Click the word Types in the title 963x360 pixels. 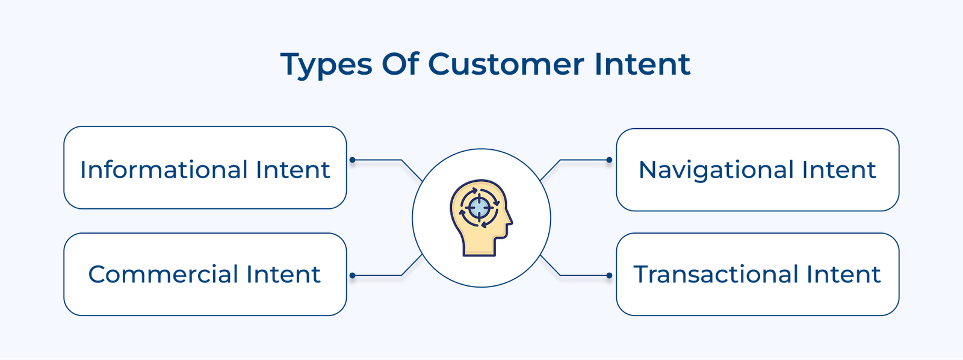click(x=326, y=64)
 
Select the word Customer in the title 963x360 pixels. click(x=506, y=64)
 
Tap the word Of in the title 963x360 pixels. click(x=400, y=64)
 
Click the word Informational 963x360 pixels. click(x=163, y=170)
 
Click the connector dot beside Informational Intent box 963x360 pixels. click(x=353, y=160)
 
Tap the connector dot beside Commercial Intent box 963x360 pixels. click(x=353, y=276)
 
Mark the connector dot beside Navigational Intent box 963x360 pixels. click(x=609, y=160)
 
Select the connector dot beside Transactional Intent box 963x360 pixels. click(x=609, y=276)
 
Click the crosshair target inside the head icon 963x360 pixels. click(x=479, y=208)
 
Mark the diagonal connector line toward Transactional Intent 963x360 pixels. click(x=551, y=265)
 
